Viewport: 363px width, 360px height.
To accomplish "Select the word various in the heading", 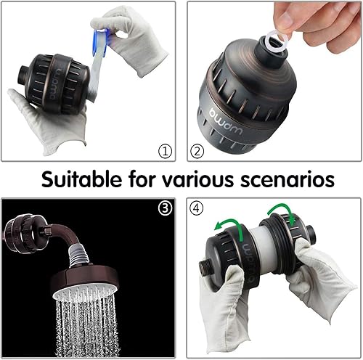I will click(x=205, y=179).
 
